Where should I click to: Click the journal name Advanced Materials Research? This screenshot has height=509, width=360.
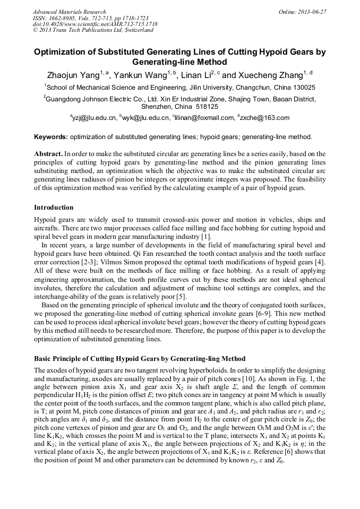(x=69, y=12)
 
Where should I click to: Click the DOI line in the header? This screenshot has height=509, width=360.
(x=95, y=24)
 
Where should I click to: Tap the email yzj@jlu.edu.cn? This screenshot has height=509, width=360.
(x=93, y=118)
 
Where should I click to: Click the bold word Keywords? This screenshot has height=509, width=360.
(x=51, y=137)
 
